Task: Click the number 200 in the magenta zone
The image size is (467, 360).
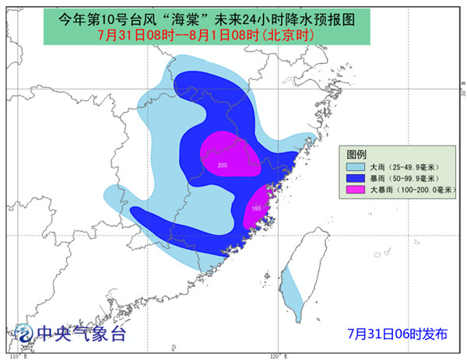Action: click(223, 166)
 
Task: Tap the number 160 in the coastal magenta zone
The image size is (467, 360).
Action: click(256, 208)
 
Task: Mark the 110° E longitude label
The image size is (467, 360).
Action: click(16, 355)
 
